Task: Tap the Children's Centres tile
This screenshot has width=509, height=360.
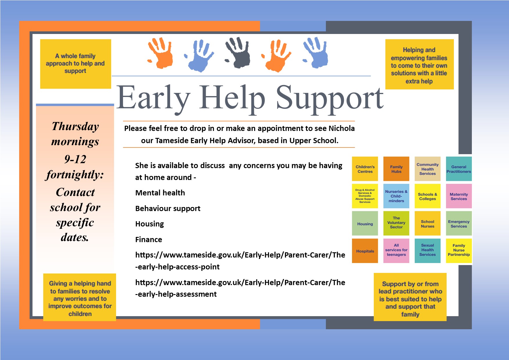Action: (365, 169)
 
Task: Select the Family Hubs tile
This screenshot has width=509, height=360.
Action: (396, 169)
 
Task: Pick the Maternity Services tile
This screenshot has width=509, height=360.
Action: (459, 196)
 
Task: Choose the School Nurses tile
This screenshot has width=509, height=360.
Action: (427, 224)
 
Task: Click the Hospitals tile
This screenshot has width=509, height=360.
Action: (365, 251)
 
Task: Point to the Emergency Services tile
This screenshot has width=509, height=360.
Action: (459, 224)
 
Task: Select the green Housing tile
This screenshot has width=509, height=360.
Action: (365, 224)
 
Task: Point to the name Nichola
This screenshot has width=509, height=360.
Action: (342, 128)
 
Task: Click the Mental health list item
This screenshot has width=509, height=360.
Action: (160, 193)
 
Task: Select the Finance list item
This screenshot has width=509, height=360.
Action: (149, 240)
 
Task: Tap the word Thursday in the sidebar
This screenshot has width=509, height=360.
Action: (75, 127)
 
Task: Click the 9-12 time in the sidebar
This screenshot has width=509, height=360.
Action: (75, 159)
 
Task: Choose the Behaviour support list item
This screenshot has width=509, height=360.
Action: (168, 208)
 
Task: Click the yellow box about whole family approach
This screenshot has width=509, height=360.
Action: (75, 64)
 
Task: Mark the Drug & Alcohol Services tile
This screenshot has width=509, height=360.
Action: (365, 196)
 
